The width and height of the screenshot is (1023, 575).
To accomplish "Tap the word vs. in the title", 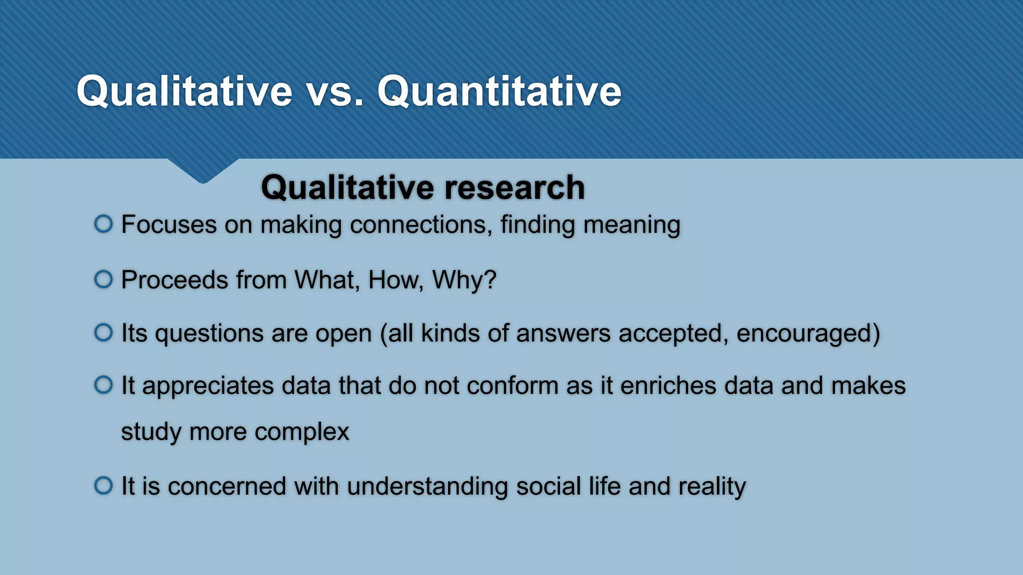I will click(335, 92).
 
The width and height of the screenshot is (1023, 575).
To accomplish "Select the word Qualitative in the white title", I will click(184, 92).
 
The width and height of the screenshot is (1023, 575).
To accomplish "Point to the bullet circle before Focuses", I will click(103, 224).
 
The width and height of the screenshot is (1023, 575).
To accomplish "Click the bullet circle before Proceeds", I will click(103, 279).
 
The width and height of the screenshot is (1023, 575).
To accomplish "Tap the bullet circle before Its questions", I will click(103, 332).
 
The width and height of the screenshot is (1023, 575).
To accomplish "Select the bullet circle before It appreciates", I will click(103, 385).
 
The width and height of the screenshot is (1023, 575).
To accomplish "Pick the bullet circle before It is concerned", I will click(103, 485).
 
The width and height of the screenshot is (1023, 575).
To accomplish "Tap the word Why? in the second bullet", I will click(464, 280).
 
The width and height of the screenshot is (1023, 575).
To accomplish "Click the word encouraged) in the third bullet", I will click(808, 333).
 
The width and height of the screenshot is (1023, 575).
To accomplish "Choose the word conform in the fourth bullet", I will click(512, 386).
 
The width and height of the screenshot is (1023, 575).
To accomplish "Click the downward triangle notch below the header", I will click(203, 171).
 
